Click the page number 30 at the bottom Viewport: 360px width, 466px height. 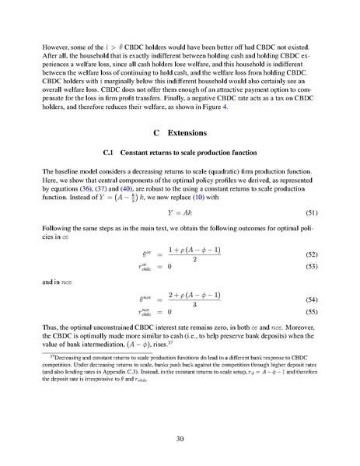click(x=180, y=439)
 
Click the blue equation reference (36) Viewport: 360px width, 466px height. click(x=100, y=189)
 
